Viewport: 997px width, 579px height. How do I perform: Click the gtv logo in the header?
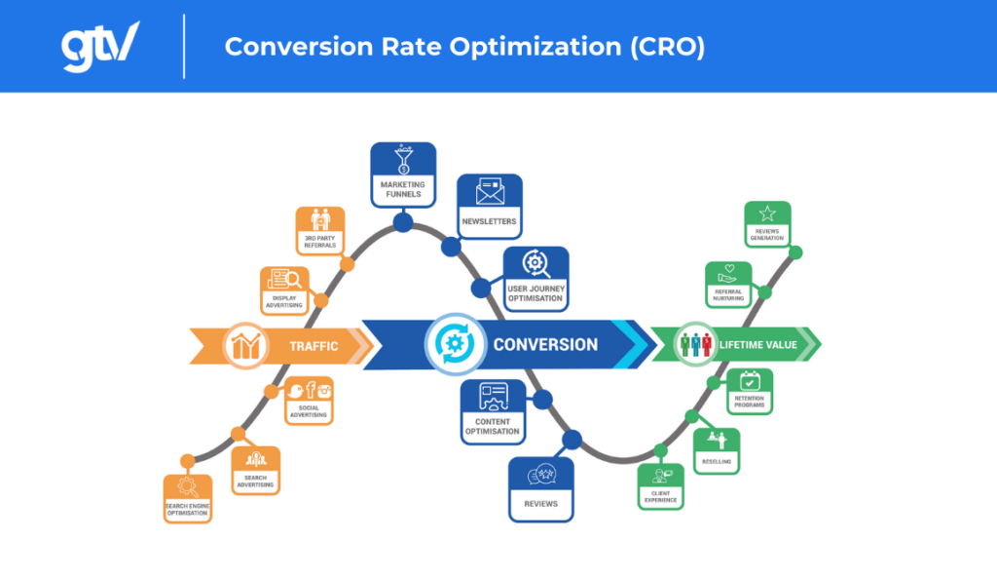click(x=100, y=46)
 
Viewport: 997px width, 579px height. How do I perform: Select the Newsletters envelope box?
click(x=490, y=206)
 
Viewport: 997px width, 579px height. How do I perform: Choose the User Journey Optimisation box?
click(x=535, y=278)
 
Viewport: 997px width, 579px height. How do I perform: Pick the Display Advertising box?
click(x=284, y=289)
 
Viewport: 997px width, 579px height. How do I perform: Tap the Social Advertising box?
click(x=309, y=400)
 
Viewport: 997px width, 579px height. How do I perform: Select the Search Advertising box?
click(x=255, y=470)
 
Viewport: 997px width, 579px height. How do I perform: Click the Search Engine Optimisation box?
click(x=188, y=498)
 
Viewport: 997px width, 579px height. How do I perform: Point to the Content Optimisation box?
click(x=493, y=411)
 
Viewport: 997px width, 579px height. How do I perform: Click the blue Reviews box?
click(x=541, y=488)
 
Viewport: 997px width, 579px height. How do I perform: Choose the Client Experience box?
click(x=660, y=485)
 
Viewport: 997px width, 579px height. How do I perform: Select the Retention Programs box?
click(x=750, y=391)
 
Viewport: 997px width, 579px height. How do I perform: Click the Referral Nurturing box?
click(x=727, y=285)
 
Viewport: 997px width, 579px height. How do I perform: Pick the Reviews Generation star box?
click(x=767, y=224)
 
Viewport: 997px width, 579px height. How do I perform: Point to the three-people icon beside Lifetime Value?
click(x=695, y=345)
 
